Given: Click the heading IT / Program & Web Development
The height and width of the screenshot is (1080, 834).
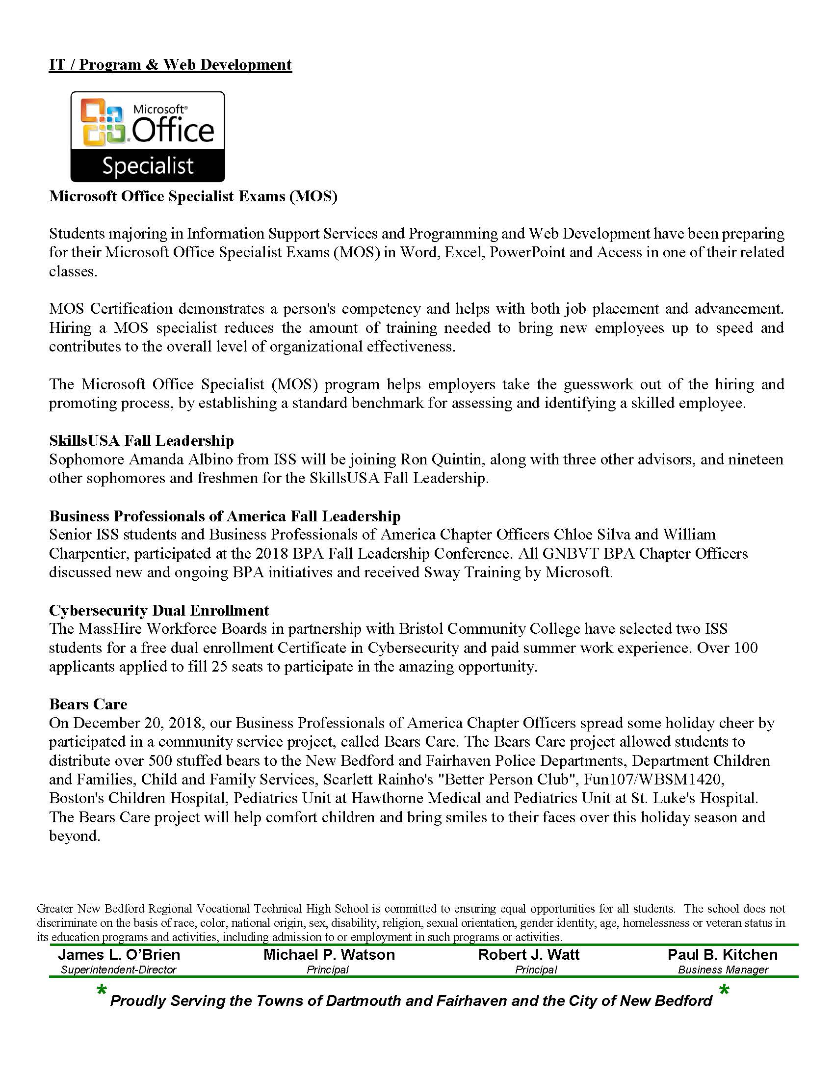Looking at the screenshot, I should tap(170, 65).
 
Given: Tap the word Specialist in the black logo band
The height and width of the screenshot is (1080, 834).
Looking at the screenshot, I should tap(148, 166).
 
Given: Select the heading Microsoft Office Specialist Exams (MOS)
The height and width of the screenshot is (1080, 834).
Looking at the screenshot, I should tap(193, 196).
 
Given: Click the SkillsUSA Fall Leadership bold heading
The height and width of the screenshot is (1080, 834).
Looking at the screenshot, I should tap(141, 441).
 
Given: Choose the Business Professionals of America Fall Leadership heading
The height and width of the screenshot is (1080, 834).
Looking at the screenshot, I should tap(225, 516).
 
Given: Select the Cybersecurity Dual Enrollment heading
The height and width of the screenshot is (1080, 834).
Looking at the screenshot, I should tap(158, 610).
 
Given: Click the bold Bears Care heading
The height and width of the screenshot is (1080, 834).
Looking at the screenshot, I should tap(88, 704).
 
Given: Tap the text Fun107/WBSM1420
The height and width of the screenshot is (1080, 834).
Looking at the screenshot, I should tap(653, 780).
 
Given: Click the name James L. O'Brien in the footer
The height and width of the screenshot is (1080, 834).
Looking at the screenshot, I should tap(119, 955).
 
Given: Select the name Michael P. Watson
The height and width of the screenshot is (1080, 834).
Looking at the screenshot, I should tap(329, 955).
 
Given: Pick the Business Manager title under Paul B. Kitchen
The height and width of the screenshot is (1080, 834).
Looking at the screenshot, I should tap(723, 970).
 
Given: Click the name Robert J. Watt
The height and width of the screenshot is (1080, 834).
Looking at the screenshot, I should tap(529, 955).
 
